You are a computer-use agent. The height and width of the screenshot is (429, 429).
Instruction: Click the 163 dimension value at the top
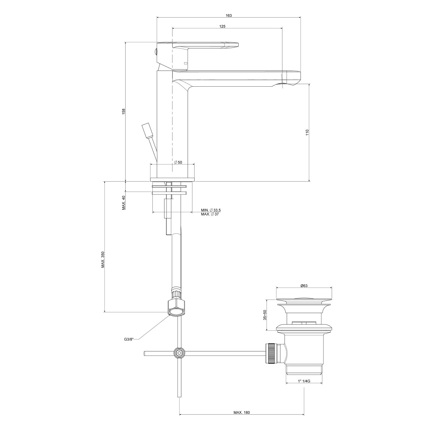(x=229, y=15)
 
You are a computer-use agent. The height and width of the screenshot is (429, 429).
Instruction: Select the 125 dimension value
(x=223, y=26)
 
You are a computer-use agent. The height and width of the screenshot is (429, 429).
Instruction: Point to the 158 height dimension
(x=124, y=111)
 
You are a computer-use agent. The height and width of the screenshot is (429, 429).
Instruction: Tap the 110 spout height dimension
(x=307, y=132)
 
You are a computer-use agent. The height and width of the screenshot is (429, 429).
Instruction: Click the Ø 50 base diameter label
(x=178, y=162)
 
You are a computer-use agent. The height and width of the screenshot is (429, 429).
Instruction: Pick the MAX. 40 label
(x=124, y=203)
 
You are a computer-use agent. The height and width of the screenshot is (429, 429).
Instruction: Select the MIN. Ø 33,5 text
(x=211, y=210)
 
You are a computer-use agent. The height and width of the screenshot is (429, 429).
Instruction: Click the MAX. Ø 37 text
(x=210, y=214)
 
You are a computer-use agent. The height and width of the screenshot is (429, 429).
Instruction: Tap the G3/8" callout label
(x=129, y=340)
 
